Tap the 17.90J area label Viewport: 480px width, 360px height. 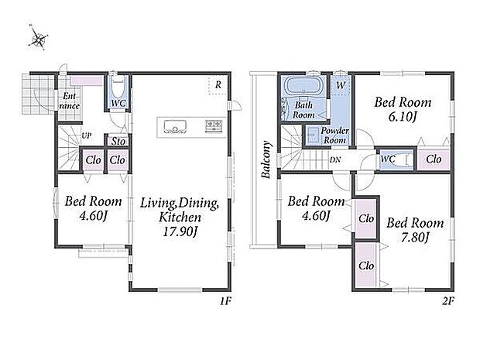(180, 231)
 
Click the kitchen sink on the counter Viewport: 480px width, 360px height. (175, 127)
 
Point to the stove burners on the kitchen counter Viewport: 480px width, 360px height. (214, 126)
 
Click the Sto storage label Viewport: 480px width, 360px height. (118, 142)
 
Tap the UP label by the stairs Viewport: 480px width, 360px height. (87, 135)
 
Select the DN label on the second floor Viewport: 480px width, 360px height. (335, 159)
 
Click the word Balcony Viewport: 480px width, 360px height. (266, 159)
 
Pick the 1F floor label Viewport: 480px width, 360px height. (225, 301)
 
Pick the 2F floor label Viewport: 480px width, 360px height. (447, 301)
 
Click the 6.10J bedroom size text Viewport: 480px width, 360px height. (403, 117)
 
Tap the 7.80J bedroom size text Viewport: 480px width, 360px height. (415, 237)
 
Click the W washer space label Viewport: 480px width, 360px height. (341, 85)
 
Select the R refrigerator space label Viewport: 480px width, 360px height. (218, 85)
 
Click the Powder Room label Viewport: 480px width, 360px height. (334, 135)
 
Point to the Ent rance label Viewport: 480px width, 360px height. (70, 101)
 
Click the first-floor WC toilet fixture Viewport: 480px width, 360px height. (118, 87)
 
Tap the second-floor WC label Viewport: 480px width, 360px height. (388, 159)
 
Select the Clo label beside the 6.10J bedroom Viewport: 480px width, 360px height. (434, 159)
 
